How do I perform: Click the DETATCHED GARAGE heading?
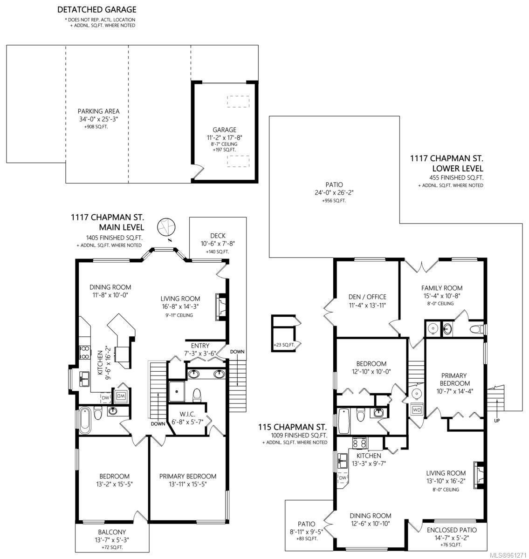(97, 10)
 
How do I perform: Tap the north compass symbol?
(166, 227)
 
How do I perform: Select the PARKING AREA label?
(98, 111)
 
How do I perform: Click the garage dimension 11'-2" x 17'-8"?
(224, 137)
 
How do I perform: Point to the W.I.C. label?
(187, 414)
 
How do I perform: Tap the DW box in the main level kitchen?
(106, 398)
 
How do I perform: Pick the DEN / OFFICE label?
(367, 297)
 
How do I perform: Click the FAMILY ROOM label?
(442, 288)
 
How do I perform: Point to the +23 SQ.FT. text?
(284, 345)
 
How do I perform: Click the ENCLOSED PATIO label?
(452, 530)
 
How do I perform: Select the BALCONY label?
(112, 532)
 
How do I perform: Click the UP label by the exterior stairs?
(496, 421)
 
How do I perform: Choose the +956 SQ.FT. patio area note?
(334, 201)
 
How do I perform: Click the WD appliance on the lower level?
(417, 410)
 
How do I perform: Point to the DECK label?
(218, 236)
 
